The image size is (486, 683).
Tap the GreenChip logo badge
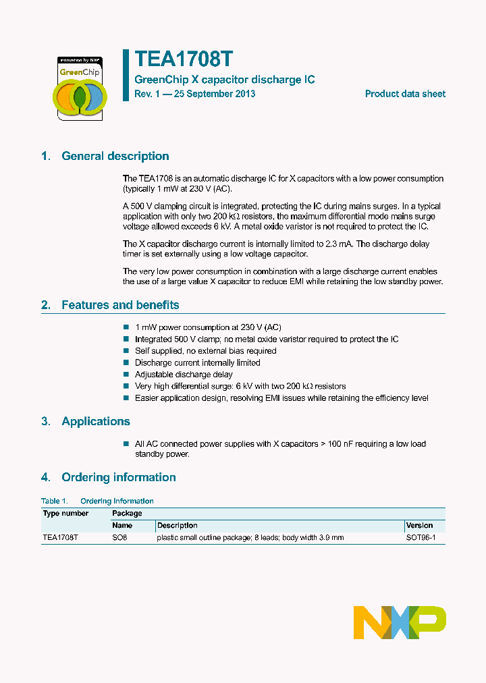pos(80,88)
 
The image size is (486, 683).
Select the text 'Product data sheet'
pos(405,94)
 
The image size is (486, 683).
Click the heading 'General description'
pos(115,156)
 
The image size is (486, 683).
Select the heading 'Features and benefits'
pos(120,305)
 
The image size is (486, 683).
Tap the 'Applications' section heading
pos(95,421)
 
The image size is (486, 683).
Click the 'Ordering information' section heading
pos(118,477)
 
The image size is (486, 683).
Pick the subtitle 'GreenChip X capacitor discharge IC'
pos(224,80)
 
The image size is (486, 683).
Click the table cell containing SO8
pos(119,538)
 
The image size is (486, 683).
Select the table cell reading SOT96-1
pos(421,538)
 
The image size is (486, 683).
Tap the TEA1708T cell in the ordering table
pos(60,538)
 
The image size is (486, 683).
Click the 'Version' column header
pos(419,525)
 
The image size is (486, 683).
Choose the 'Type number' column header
pos(65,513)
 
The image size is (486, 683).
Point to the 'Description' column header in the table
pos(177,525)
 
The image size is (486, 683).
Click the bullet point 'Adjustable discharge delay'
pos(184,374)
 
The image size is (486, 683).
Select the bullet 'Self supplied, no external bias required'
pos(205,351)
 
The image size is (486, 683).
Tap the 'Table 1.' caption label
pos(54,501)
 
